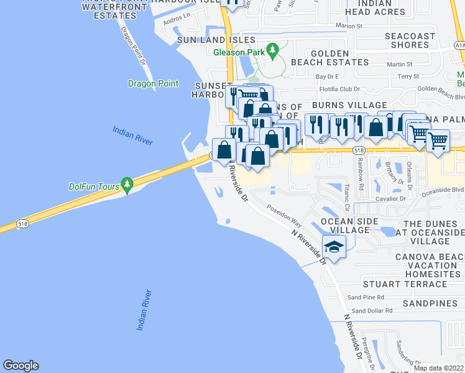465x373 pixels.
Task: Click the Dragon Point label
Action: click(153, 84)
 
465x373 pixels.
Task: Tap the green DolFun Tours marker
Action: click(127, 184)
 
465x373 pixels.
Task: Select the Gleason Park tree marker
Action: click(272, 51)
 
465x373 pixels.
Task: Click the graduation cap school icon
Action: click(334, 247)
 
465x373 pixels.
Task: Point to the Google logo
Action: click(21, 366)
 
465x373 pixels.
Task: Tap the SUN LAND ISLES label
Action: click(208, 40)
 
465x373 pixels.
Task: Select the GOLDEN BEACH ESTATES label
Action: click(339, 58)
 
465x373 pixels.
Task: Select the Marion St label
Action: click(349, 26)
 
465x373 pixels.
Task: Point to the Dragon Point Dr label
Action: click(134, 47)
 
